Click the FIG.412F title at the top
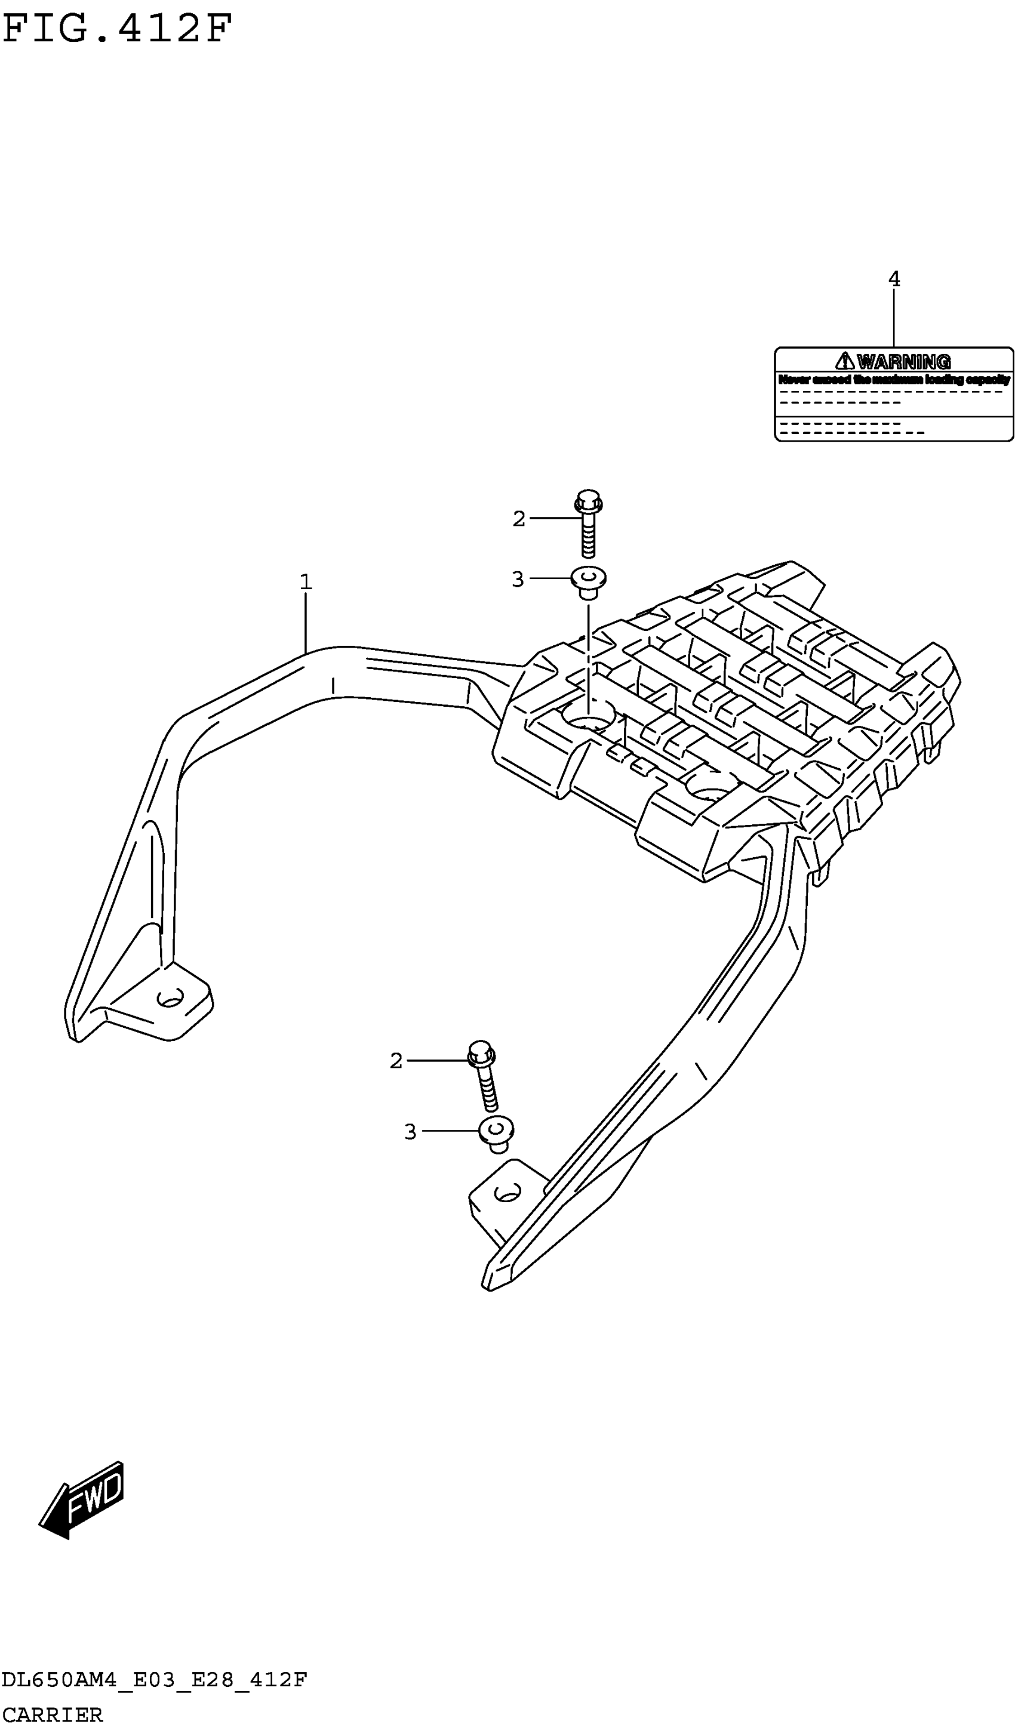pos(117,29)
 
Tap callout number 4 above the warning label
pos(894,279)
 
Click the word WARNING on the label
pos(903,361)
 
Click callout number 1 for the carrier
pos(306,582)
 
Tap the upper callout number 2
pos(519,519)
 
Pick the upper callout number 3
pos(518,580)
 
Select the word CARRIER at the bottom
pos(53,1715)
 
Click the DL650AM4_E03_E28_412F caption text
pos(154,1680)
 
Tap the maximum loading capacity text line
pos(894,379)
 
